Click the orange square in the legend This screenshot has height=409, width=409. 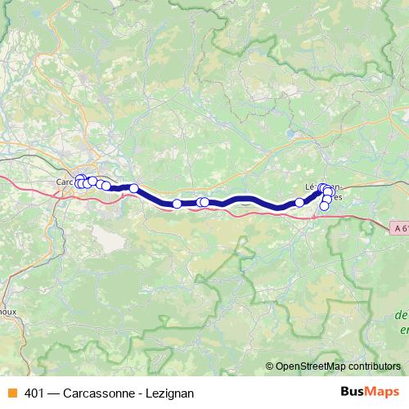coord(11,392)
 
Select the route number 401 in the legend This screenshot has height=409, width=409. coord(35,392)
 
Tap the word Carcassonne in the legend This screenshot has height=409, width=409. coord(104,392)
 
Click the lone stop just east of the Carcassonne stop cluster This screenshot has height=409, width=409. coord(134,189)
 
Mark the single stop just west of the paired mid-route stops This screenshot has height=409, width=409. coord(177,204)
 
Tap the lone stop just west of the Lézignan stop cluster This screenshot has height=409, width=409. coord(299,202)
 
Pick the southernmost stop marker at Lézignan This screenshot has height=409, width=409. coord(324,206)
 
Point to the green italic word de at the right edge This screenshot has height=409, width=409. coord(401,315)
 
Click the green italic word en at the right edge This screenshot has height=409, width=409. coord(403,330)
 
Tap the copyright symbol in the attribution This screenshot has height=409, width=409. coord(270,366)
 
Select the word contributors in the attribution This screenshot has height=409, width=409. coord(372,366)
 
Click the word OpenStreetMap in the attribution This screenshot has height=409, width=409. coord(309,366)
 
